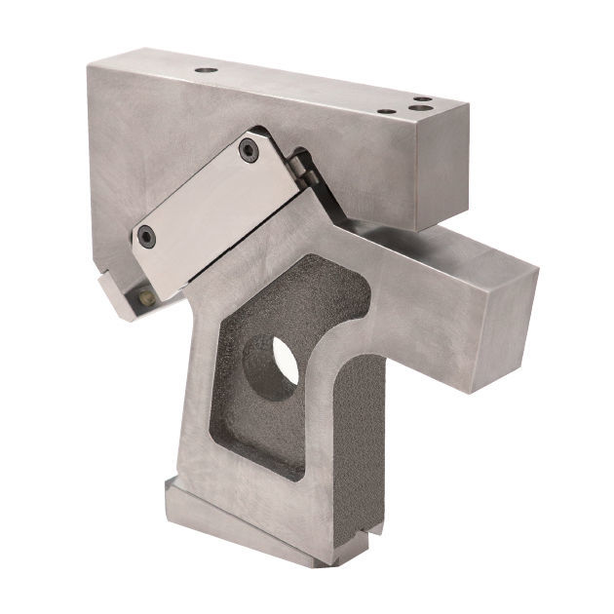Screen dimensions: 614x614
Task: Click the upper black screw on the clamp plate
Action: click(x=249, y=150)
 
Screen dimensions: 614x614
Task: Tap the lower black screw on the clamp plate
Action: click(x=146, y=235)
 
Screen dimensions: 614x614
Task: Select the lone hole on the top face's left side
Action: click(x=206, y=70)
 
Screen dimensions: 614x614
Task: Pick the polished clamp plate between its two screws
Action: click(x=200, y=193)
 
